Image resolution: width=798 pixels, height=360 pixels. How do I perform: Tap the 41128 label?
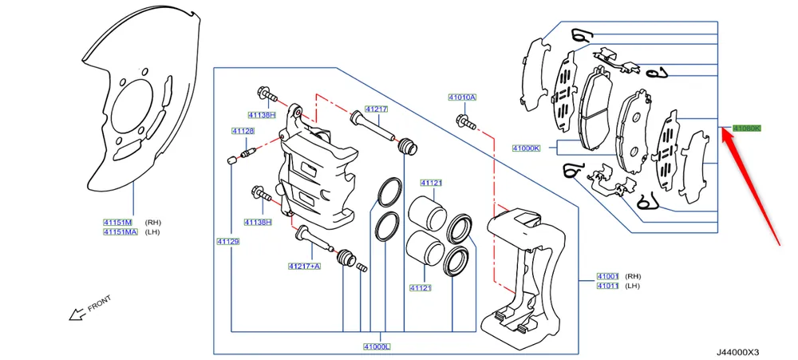pos(243,132)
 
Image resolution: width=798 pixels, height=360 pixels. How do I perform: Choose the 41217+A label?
pos(304,265)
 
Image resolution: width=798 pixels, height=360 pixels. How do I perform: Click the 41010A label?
pos(461,97)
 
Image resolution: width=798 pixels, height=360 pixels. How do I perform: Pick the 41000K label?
pos(527,148)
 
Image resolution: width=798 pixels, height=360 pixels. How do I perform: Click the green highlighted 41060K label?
pos(748,128)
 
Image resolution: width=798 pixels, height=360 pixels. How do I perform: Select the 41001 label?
pos(607,276)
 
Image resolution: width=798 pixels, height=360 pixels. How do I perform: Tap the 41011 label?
pos(607,286)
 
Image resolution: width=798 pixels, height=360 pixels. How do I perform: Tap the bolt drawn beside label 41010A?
pos(464,122)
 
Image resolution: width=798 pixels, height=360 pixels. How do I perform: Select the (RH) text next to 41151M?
pos(152,222)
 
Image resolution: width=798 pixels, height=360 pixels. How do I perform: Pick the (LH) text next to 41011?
pos(632,286)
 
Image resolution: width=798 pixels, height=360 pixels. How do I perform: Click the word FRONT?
pos(100,304)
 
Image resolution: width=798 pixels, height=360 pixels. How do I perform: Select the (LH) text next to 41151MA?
pos(152,232)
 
